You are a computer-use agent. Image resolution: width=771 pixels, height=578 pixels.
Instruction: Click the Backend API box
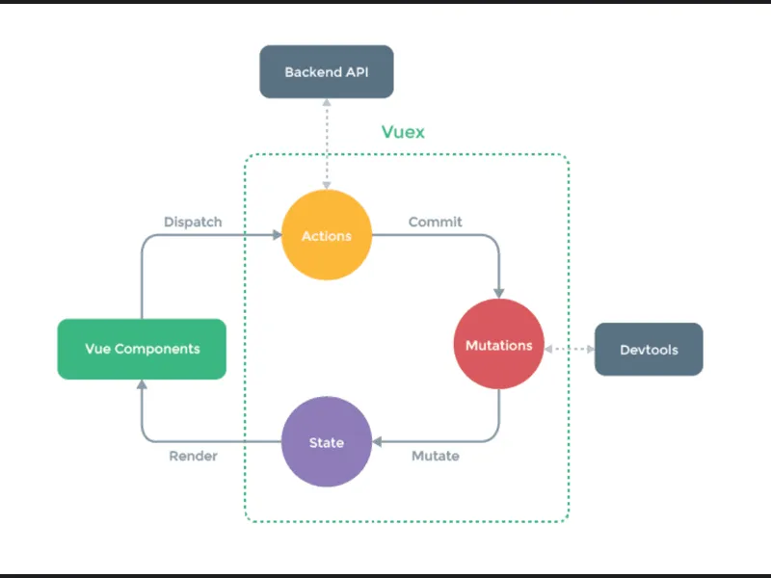click(x=327, y=71)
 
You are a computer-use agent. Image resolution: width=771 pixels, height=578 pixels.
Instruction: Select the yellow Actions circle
click(x=327, y=235)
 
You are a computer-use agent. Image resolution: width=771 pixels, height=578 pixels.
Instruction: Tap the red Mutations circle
click(x=498, y=345)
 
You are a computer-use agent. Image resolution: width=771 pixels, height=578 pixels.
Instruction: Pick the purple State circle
click(x=327, y=442)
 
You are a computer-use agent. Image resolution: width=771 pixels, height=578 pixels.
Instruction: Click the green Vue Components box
click(x=142, y=349)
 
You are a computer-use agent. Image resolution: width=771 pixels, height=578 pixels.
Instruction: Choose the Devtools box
click(x=649, y=349)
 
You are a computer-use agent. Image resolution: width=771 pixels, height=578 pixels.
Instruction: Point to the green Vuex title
click(x=403, y=132)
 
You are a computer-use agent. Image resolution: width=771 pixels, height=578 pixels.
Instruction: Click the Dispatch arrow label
click(x=193, y=222)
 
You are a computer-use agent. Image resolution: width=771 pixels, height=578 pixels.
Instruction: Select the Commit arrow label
click(x=435, y=222)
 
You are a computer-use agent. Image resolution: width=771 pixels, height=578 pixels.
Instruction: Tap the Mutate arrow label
click(x=435, y=456)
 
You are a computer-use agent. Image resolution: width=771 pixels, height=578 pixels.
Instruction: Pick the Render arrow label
click(x=193, y=456)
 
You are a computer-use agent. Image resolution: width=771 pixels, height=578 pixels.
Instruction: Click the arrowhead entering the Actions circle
click(x=275, y=235)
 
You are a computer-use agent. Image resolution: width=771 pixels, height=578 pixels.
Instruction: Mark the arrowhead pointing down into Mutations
click(x=498, y=292)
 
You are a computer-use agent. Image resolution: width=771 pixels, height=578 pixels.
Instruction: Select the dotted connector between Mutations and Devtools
click(x=570, y=349)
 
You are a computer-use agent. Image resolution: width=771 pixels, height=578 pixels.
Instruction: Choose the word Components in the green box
click(x=157, y=349)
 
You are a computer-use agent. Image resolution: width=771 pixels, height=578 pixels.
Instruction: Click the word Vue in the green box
click(x=97, y=349)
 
